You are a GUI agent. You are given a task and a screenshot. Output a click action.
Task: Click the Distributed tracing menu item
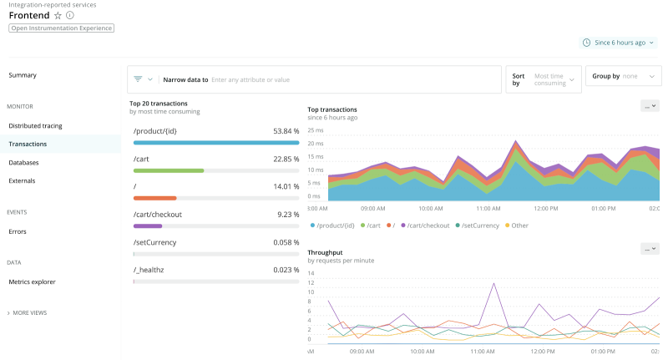pos(35,126)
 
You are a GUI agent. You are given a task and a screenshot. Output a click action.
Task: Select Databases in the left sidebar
pos(23,162)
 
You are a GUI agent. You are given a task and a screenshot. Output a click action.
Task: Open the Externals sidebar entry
pos(22,180)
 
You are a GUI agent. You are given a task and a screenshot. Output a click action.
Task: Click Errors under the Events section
pos(18,231)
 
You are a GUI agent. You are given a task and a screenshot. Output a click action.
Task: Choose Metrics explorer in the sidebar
pos(32,282)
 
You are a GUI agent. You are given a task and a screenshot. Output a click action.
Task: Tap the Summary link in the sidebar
pos(23,75)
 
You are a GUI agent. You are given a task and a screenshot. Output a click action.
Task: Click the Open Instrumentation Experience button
pos(61,28)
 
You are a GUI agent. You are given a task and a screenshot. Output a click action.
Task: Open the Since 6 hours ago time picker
pos(619,42)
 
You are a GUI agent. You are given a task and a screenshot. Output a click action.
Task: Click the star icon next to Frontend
pos(58,15)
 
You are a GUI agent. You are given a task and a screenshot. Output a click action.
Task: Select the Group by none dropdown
pos(623,76)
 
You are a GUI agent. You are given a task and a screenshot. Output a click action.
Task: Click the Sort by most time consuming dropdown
pos(544,79)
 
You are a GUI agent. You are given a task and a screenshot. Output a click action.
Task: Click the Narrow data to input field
pos(351,79)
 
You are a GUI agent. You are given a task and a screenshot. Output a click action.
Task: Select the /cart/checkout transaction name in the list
pos(157,214)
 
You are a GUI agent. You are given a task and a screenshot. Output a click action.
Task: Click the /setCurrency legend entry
pos(480,226)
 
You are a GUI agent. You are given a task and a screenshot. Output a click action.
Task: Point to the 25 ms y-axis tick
pos(316,130)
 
